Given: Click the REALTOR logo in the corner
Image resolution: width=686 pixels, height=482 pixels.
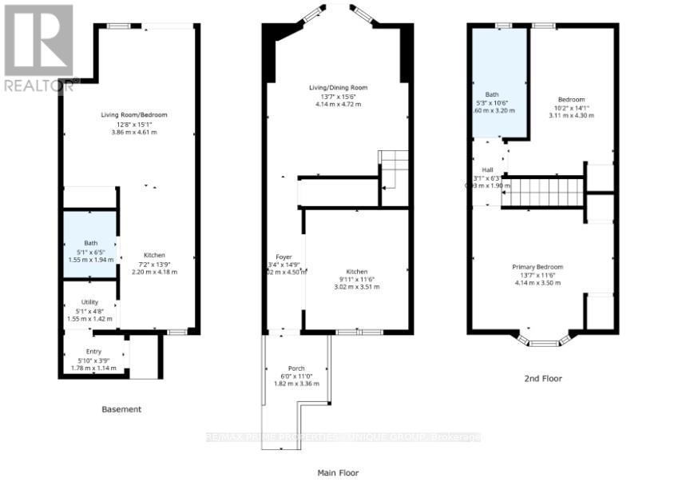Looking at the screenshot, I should click(38, 46).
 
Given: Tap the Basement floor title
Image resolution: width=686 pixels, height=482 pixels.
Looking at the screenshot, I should click(121, 409).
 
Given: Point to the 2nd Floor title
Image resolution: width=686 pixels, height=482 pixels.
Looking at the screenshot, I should click(543, 378).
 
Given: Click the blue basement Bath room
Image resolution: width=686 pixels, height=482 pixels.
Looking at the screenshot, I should click(90, 244).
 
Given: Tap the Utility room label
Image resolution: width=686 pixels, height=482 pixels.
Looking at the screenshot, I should click(89, 302).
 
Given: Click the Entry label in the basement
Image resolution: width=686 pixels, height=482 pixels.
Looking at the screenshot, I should click(94, 352).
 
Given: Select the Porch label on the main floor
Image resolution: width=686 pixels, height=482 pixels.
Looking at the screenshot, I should click(296, 368).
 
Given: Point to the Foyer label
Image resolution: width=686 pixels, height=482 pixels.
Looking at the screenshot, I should click(284, 256).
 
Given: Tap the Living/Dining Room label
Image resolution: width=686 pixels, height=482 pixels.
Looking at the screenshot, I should click(339, 87).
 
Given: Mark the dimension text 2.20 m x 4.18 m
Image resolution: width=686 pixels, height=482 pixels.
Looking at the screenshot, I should click(154, 272).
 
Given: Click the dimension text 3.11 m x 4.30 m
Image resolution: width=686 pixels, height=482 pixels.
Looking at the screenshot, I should click(571, 116).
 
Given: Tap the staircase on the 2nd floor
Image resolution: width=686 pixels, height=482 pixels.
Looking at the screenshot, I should click(542, 193).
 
